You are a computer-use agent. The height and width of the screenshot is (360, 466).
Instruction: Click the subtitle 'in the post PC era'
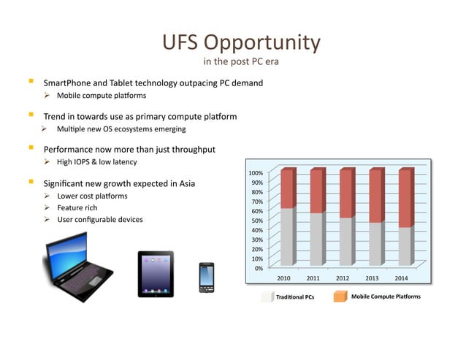click(x=241, y=61)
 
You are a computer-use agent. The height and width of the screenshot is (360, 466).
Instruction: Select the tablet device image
click(x=156, y=274)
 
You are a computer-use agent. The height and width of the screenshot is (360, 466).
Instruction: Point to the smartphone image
click(x=206, y=277)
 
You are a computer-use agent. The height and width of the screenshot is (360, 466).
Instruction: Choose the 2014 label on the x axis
click(x=402, y=278)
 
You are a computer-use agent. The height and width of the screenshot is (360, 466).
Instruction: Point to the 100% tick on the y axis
click(x=256, y=173)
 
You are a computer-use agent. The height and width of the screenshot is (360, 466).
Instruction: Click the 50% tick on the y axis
click(x=258, y=221)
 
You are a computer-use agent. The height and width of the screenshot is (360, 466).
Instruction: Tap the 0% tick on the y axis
click(x=259, y=268)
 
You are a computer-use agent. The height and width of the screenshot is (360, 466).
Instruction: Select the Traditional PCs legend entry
click(x=288, y=298)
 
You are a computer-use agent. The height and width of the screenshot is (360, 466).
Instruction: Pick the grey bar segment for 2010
click(x=286, y=236)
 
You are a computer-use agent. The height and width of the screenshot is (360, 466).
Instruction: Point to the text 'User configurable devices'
click(x=100, y=220)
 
